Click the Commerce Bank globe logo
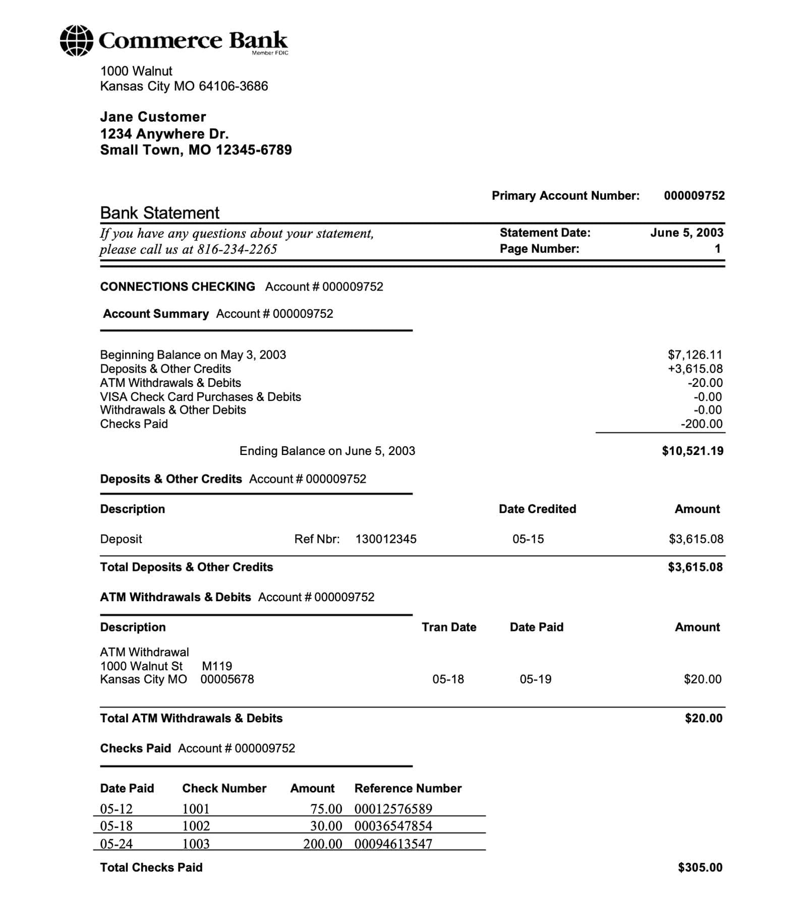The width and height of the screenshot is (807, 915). coord(76,40)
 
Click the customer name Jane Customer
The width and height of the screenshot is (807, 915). coord(153,117)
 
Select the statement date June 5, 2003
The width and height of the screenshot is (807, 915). coord(686,233)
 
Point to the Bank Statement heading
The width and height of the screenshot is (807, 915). coord(159,213)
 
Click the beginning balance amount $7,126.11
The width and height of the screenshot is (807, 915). coord(695,355)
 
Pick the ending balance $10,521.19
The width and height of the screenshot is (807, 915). coord(693,451)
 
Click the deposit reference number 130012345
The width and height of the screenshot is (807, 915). coord(386,539)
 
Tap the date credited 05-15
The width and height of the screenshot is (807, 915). coord(528,539)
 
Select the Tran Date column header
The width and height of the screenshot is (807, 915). coord(449,627)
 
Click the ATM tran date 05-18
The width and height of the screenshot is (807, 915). coord(448,679)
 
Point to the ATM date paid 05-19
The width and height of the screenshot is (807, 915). coord(536,679)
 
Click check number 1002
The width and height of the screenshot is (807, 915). coord(196,826)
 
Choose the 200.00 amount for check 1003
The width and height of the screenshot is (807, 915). coord(323,844)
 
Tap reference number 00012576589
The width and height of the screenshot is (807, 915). coord(393,809)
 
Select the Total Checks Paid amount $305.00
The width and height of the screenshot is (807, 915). coord(700,867)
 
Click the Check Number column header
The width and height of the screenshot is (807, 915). coord(224,788)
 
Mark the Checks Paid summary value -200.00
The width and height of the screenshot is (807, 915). coord(702,424)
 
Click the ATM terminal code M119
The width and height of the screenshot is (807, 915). coord(217,666)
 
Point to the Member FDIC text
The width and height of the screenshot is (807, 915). coord(270,53)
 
